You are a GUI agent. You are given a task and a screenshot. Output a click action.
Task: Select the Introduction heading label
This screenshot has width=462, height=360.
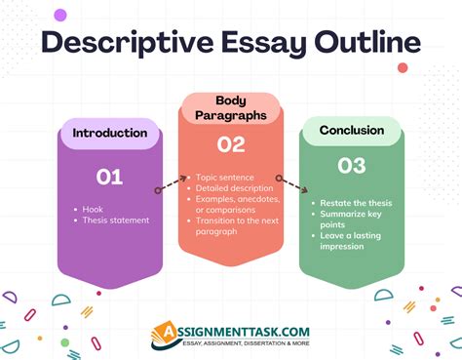110,133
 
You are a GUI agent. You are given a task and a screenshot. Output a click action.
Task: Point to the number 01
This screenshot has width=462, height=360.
109,177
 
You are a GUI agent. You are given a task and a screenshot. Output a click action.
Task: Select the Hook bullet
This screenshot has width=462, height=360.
92,209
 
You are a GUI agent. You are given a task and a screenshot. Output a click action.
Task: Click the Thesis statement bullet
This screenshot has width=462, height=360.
115,220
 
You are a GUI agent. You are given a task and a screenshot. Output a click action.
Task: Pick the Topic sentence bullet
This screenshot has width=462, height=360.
227,178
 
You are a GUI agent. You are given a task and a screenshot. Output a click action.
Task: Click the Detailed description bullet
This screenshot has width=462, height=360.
237,188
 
